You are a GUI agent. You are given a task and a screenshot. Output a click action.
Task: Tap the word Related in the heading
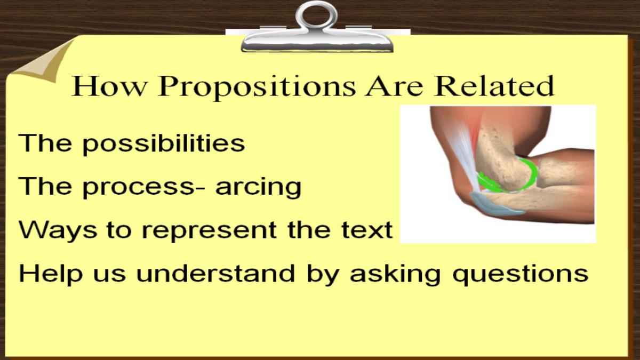click(x=494, y=85)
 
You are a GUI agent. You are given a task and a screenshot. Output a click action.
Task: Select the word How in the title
click(x=109, y=86)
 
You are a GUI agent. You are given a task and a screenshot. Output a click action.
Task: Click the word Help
click(x=51, y=274)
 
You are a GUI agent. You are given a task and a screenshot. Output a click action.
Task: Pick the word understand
click(x=215, y=274)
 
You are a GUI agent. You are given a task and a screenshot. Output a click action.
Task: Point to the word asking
click(x=395, y=274)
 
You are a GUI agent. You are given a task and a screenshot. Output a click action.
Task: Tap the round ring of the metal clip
click(x=317, y=6)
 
